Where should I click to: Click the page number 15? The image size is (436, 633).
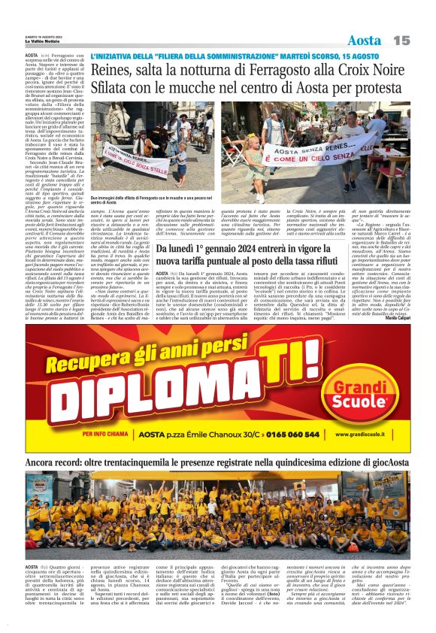(401, 39)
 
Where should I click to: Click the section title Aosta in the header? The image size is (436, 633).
(365, 39)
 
